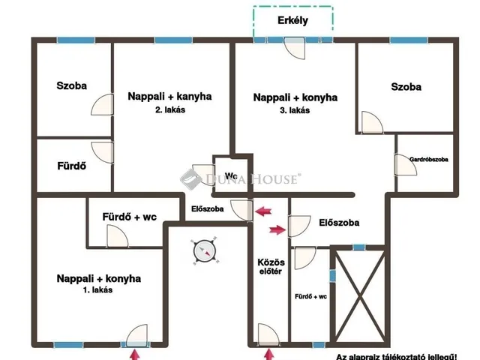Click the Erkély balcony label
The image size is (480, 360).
pyautogui.click(x=292, y=20)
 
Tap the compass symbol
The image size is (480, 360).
pyautogui.click(x=205, y=250)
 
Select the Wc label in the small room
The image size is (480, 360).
pyautogui.click(x=231, y=175)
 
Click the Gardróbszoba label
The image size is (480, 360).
pyautogui.click(x=428, y=159)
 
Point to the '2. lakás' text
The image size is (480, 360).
pyautogui.click(x=170, y=109)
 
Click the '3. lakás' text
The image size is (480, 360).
pyautogui.click(x=295, y=110)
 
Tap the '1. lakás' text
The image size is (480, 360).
pyautogui.click(x=97, y=289)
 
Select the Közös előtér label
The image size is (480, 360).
pyautogui.click(x=271, y=267)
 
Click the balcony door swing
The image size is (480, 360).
pyautogui.click(x=295, y=48)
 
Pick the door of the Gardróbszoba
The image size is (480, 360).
pyautogui.click(x=406, y=165)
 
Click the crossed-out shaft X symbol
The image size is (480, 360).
pyautogui.click(x=360, y=296)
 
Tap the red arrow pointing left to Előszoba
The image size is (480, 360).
pyautogui.click(x=263, y=211)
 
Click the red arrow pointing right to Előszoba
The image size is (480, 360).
pyautogui.click(x=277, y=229)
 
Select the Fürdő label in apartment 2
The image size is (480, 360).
pyautogui.click(x=72, y=166)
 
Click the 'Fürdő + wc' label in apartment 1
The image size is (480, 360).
pyautogui.click(x=130, y=217)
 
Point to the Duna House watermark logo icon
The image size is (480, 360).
pyautogui.click(x=190, y=179)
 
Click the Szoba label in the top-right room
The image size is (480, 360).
pyautogui.click(x=406, y=87)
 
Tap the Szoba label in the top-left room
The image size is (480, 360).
pyautogui.click(x=72, y=85)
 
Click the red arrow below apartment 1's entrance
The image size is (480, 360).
pyautogui.click(x=134, y=355)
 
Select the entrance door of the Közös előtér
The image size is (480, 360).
pyautogui.click(x=268, y=335)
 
